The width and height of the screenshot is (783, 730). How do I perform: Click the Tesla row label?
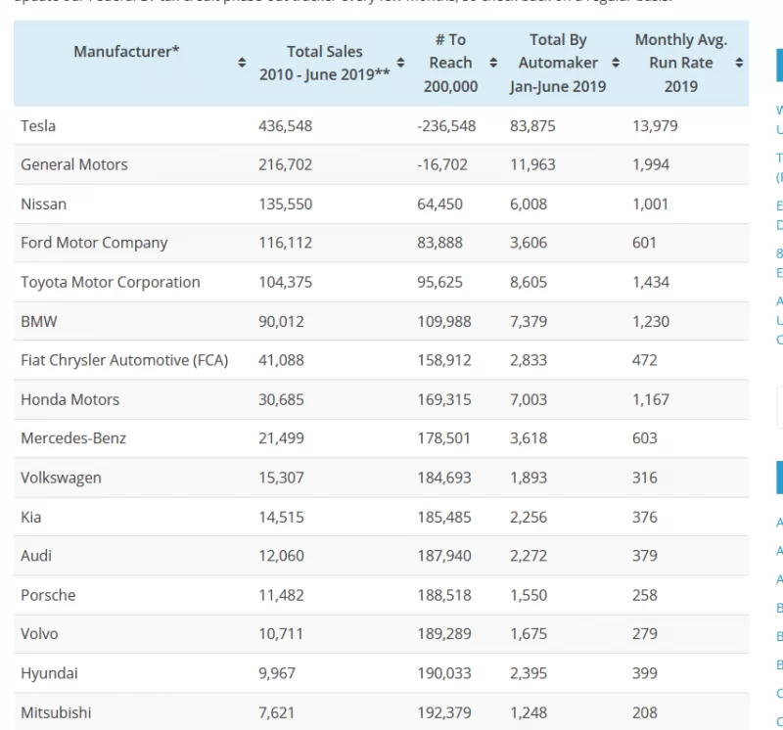[38, 125]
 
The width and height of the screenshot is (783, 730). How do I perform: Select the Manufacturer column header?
[126, 51]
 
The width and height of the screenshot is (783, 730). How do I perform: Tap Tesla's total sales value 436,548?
[285, 125]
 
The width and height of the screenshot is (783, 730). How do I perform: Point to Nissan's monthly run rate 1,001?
[650, 204]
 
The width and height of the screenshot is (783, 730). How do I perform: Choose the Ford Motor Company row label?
[94, 243]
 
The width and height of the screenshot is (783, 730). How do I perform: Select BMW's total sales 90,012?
[281, 321]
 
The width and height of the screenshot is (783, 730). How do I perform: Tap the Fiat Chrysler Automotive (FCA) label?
[124, 360]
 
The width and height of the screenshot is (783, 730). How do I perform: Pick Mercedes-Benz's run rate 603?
[645, 438]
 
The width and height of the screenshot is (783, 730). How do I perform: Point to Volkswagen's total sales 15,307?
[281, 478]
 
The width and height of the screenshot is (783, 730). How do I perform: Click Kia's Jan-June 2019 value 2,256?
[529, 517]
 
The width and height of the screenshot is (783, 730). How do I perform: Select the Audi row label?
[36, 556]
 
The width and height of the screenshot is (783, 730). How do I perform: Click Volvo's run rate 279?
[645, 634]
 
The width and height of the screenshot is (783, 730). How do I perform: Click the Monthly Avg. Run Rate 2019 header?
[681, 63]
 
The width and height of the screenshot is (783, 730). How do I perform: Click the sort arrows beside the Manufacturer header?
[242, 63]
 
